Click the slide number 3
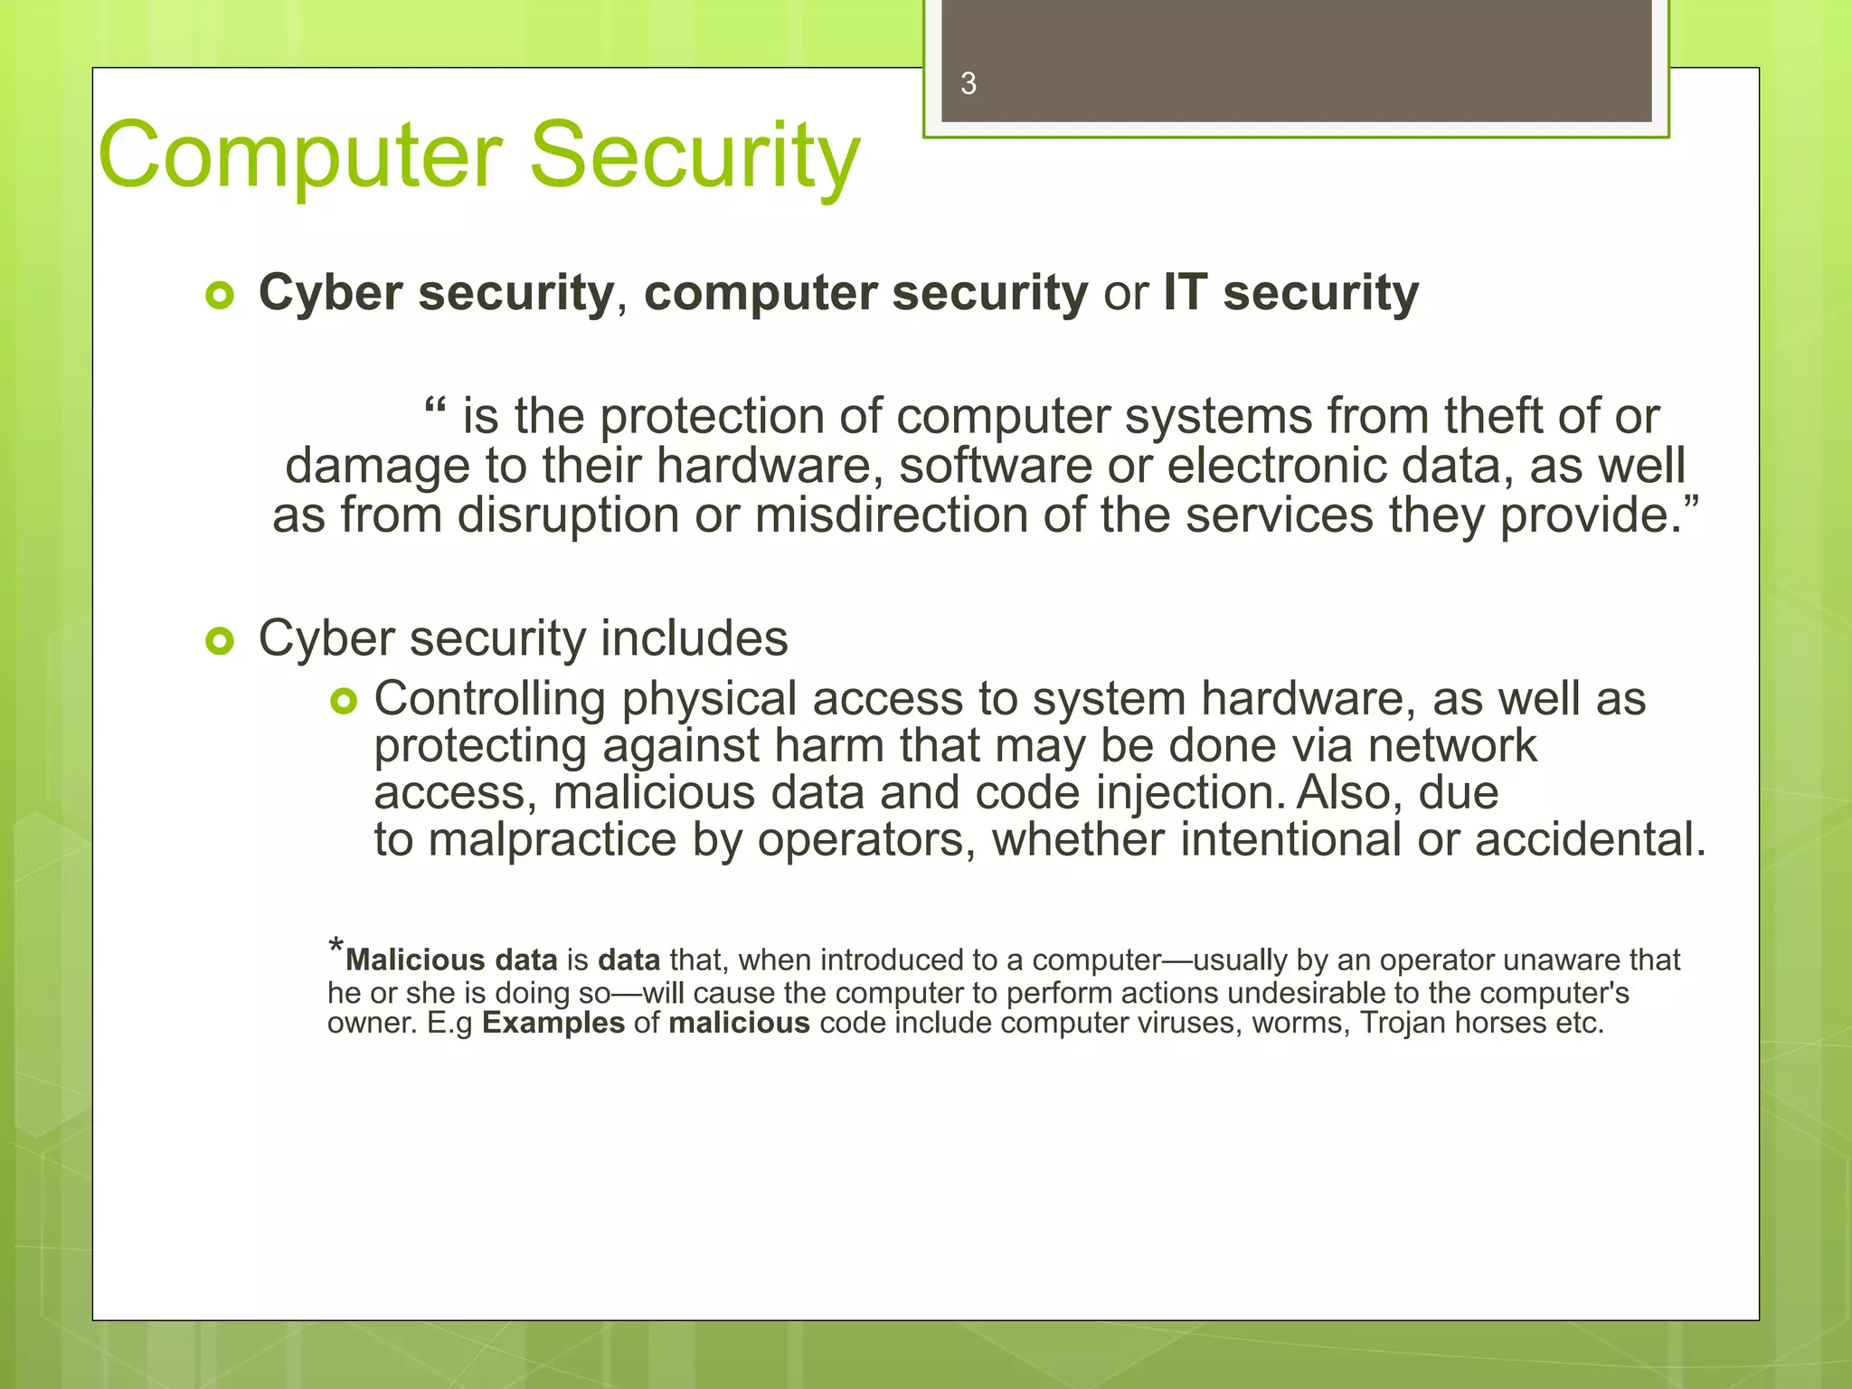969,84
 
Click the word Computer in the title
299,156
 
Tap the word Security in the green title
694,156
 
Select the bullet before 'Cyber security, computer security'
220,296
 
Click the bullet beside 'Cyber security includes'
220,641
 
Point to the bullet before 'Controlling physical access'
345,701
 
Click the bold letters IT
1185,294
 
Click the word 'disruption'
568,515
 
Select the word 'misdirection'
891,515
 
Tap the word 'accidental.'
1591,839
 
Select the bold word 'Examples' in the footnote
553,1023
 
